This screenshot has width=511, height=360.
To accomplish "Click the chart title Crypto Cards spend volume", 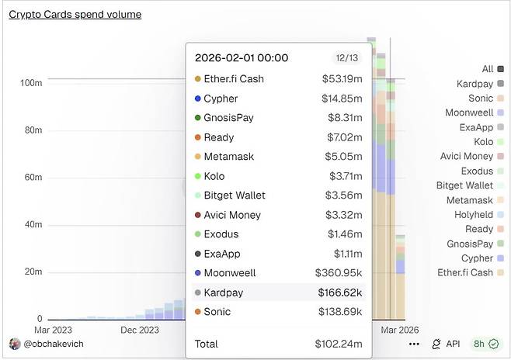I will pyautogui.click(x=75, y=14).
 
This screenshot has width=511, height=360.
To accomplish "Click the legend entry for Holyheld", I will pyautogui.click(x=474, y=215).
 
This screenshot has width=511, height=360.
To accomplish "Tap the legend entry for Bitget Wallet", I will pyautogui.click(x=464, y=185).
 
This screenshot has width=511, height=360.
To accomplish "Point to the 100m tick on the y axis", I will pyautogui.click(x=31, y=83).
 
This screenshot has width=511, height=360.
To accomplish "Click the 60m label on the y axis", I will pyautogui.click(x=33, y=178).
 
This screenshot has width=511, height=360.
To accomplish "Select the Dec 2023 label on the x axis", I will pyautogui.click(x=140, y=330).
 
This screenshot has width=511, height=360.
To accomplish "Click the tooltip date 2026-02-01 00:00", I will pyautogui.click(x=242, y=58).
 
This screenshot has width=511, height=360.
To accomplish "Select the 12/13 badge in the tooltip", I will pyautogui.click(x=346, y=58).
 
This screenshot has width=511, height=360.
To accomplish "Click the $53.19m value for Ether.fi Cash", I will pyautogui.click(x=342, y=79).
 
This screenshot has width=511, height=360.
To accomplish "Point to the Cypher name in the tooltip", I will pyautogui.click(x=221, y=99).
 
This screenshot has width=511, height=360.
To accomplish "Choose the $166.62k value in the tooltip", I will pyautogui.click(x=340, y=292).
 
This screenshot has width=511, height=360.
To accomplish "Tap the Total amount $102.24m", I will pyautogui.click(x=338, y=344).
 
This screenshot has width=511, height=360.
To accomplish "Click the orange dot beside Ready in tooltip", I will pyautogui.click(x=197, y=137).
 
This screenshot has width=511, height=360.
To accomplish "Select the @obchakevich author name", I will pyautogui.click(x=52, y=344).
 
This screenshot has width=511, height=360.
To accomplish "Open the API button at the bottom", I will pyautogui.click(x=447, y=344).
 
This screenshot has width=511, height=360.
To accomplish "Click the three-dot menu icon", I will pyautogui.click(x=414, y=344).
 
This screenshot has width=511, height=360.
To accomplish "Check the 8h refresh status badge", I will pyautogui.click(x=486, y=344).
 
